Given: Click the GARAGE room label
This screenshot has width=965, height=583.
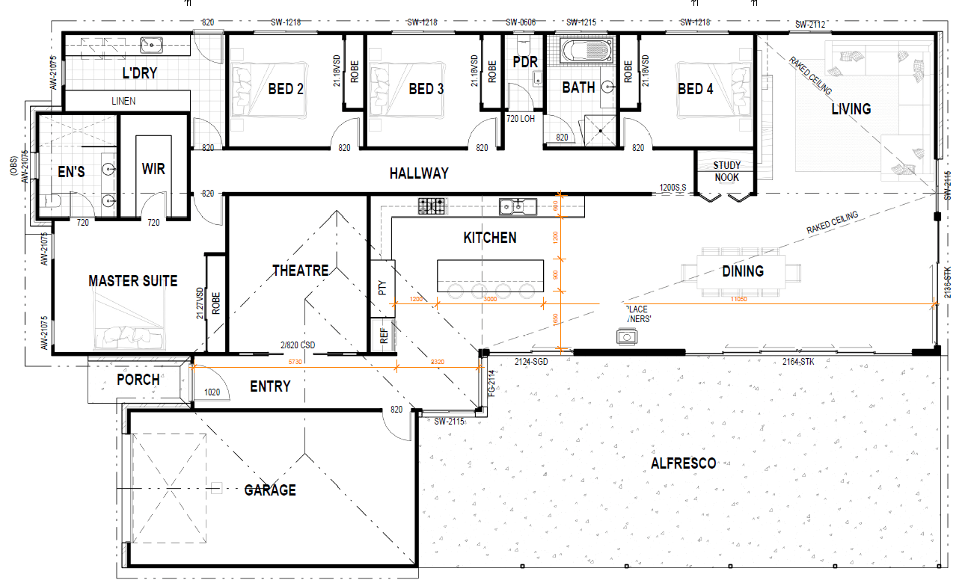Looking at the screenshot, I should (x=270, y=490).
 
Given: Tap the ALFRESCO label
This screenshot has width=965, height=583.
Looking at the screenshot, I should (x=683, y=463).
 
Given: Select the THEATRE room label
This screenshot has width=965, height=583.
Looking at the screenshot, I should (x=300, y=270).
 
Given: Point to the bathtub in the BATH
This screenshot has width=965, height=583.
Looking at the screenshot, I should (x=586, y=52).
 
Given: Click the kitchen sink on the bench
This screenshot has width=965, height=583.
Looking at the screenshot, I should (x=515, y=206).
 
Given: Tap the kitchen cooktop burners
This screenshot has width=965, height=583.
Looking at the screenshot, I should (x=432, y=205).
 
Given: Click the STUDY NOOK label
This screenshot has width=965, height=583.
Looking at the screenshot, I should (x=726, y=171).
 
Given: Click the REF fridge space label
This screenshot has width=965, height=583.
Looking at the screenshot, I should (x=384, y=336).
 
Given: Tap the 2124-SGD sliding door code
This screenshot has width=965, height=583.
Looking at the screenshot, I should (x=531, y=362).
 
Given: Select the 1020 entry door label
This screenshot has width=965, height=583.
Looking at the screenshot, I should (x=212, y=391).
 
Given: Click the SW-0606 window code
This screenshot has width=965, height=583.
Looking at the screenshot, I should (x=521, y=22).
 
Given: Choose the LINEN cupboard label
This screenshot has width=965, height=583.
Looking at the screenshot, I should (x=123, y=101).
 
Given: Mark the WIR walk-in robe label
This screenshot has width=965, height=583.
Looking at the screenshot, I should (x=153, y=169).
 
